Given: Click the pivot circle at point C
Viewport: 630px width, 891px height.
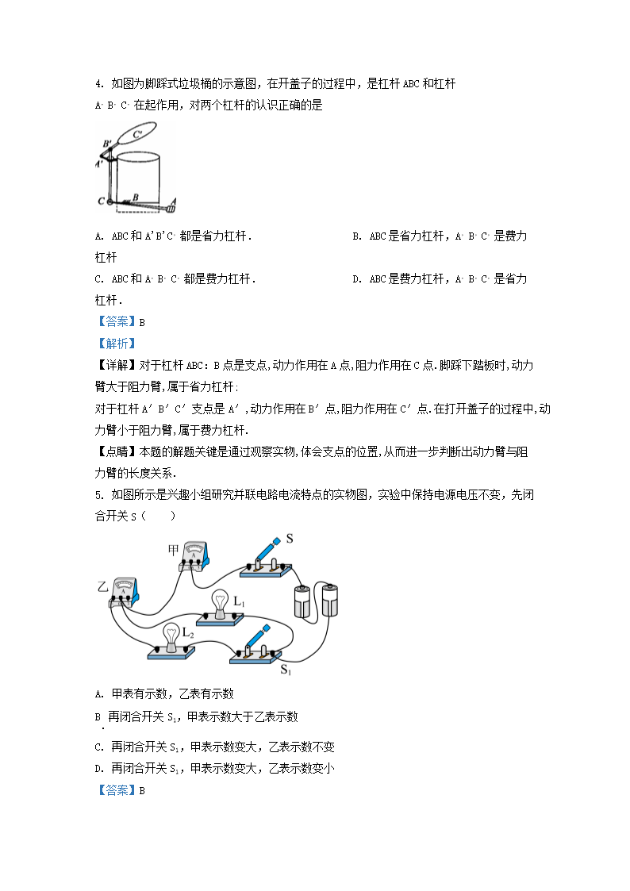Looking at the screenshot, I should (x=110, y=202).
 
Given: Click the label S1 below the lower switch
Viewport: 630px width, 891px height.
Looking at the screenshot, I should (x=286, y=670).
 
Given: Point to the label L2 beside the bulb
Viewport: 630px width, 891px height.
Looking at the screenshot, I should (x=189, y=632).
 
